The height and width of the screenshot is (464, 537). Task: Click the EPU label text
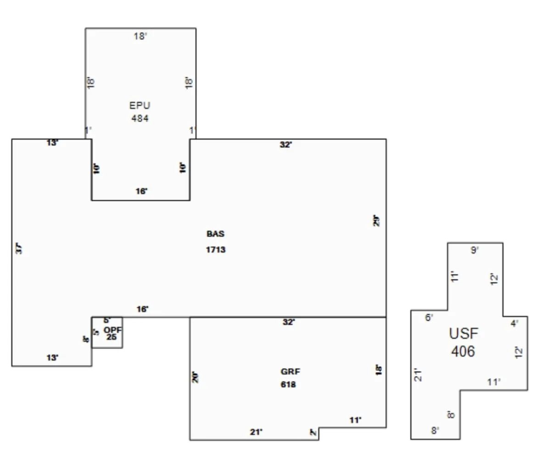(x=140, y=106)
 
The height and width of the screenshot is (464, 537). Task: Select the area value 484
(x=140, y=118)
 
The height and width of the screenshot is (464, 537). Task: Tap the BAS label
(x=215, y=234)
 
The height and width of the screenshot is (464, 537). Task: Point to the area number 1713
(x=216, y=250)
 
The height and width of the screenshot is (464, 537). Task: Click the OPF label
(x=112, y=330)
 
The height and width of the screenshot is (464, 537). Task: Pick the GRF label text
(x=288, y=371)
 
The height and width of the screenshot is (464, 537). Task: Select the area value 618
(x=288, y=385)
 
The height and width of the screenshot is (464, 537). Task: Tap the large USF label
(x=463, y=334)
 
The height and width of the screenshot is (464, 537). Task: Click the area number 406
(x=463, y=352)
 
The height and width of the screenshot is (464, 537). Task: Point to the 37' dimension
(x=19, y=249)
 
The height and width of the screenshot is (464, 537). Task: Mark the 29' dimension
(x=377, y=221)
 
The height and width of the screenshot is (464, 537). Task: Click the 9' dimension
(x=475, y=250)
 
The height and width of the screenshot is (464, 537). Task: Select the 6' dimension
(x=429, y=318)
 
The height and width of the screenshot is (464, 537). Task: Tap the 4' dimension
(x=515, y=324)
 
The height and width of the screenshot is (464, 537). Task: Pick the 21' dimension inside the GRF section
(x=256, y=432)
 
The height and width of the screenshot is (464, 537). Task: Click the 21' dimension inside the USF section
(x=418, y=375)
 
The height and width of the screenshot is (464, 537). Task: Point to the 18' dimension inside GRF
(x=379, y=370)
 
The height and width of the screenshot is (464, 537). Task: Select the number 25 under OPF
(x=112, y=337)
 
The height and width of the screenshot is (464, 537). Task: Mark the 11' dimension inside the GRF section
(x=355, y=420)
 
